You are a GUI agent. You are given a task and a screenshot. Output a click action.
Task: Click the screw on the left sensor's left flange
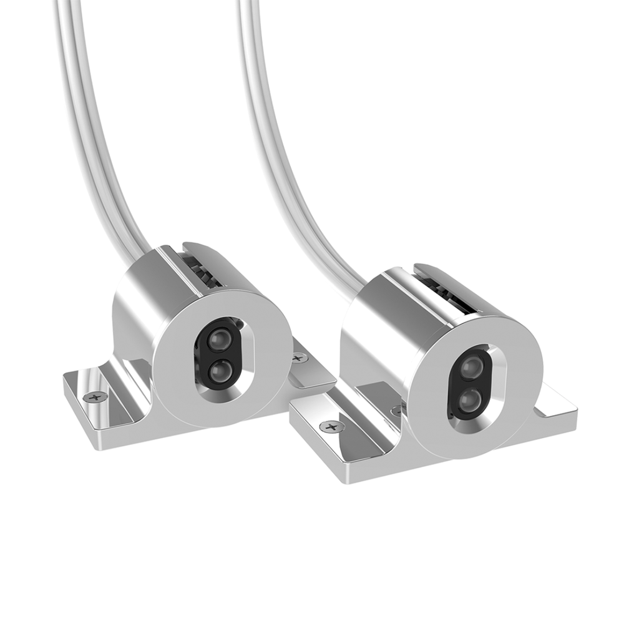point(95,396)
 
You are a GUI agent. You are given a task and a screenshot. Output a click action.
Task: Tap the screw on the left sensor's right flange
point(299,358)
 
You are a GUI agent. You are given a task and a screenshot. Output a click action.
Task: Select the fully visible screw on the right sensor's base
point(332,427)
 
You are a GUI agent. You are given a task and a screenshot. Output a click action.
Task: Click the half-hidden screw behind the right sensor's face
point(396,411)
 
